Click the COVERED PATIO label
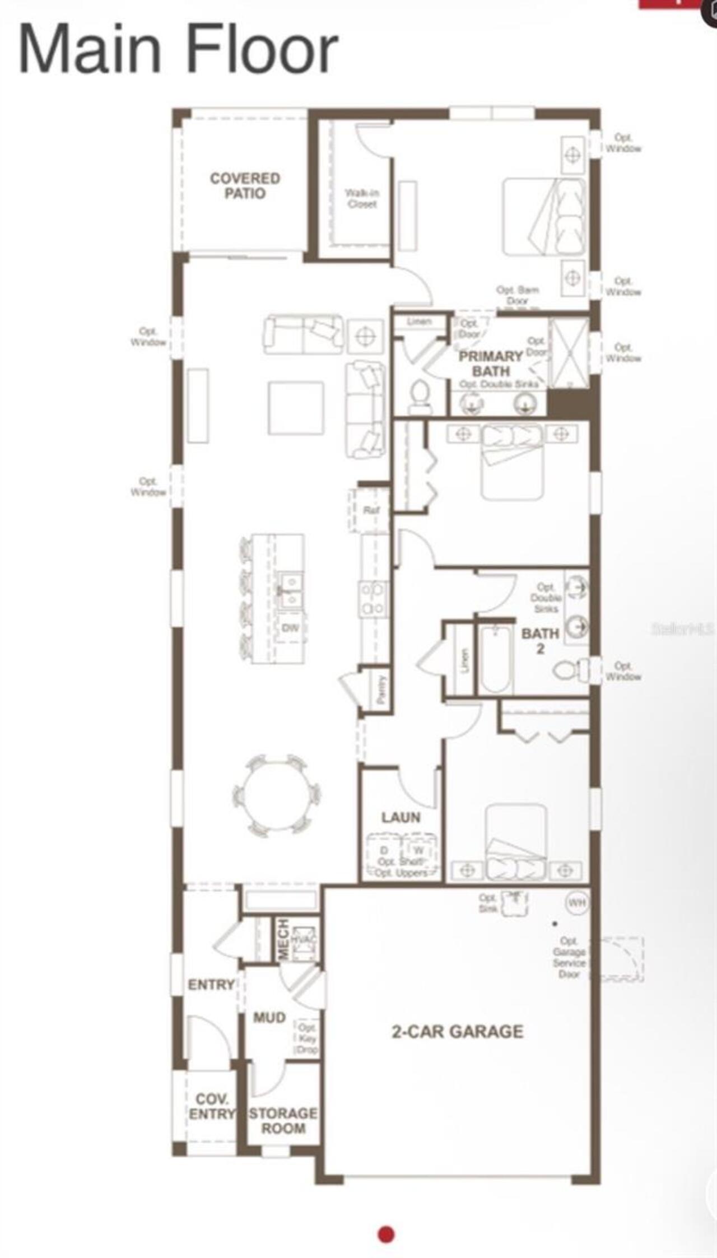click(x=245, y=185)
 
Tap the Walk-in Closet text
click(x=362, y=199)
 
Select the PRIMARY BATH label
click(x=491, y=364)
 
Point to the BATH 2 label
click(x=540, y=641)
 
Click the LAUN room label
click(x=401, y=817)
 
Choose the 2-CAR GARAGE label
click(x=457, y=1031)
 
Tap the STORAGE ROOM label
click(x=283, y=1121)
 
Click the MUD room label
click(x=269, y=1017)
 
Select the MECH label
click(x=283, y=939)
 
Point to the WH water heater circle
click(x=577, y=902)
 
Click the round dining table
click(x=277, y=795)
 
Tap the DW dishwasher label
click(x=290, y=628)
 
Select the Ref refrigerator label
click(x=371, y=510)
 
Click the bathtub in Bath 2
click(x=496, y=660)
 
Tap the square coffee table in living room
click(x=296, y=408)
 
